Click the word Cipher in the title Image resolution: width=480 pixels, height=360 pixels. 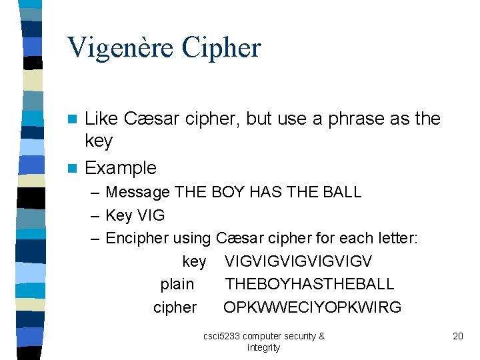point(222,48)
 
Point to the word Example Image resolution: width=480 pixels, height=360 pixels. point(121,168)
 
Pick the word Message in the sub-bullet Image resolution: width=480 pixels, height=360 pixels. point(138,193)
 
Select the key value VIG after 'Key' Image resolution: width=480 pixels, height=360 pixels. point(150,216)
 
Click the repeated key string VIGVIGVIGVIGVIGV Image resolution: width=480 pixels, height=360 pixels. point(298,261)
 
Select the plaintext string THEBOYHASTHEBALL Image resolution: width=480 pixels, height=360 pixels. point(309,284)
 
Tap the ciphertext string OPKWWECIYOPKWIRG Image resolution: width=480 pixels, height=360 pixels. point(312,307)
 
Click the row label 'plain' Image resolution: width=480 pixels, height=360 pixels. point(177,284)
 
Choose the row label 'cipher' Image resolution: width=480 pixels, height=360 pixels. point(175,307)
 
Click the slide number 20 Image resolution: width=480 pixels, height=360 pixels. point(457,336)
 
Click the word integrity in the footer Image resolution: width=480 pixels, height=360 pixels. point(263,347)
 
